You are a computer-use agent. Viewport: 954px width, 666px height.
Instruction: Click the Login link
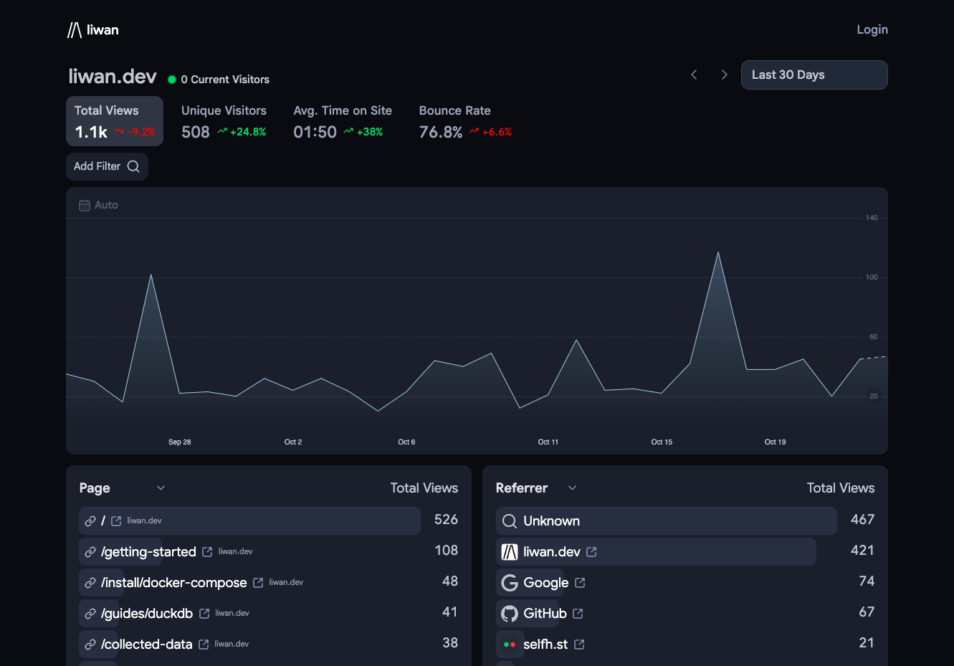[872, 30]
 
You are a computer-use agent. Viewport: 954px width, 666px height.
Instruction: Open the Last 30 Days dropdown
[814, 75]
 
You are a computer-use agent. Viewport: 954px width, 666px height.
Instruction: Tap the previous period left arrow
[694, 75]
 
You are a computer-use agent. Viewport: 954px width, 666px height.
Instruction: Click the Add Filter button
[107, 166]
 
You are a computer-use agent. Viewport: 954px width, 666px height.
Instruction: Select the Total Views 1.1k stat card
[115, 121]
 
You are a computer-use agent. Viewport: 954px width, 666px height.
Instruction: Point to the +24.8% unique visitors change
[248, 132]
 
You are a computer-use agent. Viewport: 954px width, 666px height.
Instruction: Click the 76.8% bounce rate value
[440, 132]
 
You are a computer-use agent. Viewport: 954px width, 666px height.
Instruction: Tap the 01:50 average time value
[315, 132]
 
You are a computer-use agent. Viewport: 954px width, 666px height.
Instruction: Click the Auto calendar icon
[85, 205]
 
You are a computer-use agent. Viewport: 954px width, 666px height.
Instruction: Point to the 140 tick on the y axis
[872, 218]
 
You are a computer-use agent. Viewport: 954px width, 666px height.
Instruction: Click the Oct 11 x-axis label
[548, 442]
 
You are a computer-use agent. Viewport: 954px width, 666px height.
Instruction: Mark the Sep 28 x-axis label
[179, 442]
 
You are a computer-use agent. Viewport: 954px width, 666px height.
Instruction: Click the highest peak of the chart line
[718, 252]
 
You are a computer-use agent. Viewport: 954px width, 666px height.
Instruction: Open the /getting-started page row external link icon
[207, 552]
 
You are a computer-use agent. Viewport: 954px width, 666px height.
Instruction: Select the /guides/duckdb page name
[146, 613]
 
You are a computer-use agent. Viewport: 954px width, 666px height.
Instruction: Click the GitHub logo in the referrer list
[510, 614]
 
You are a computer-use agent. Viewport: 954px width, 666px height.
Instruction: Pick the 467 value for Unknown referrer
[862, 520]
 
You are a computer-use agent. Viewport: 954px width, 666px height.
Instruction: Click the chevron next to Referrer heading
[573, 488]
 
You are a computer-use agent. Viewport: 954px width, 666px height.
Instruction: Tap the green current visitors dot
[172, 80]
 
